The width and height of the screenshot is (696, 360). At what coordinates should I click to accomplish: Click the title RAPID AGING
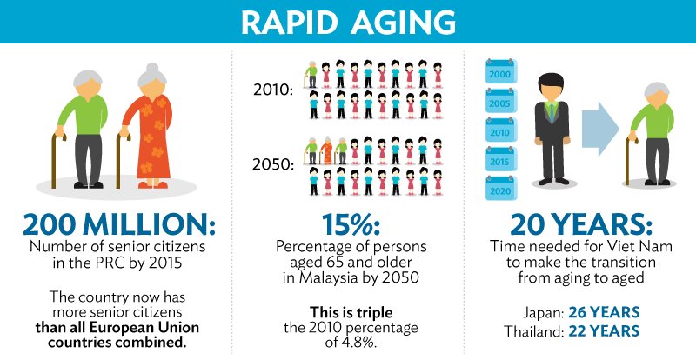click(348, 21)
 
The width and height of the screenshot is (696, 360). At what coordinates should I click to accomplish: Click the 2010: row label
click(271, 88)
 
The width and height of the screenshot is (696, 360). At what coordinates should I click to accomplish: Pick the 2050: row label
click(271, 163)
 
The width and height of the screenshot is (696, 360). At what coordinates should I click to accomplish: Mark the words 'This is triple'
click(347, 310)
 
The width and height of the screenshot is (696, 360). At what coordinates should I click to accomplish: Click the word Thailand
click(532, 330)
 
